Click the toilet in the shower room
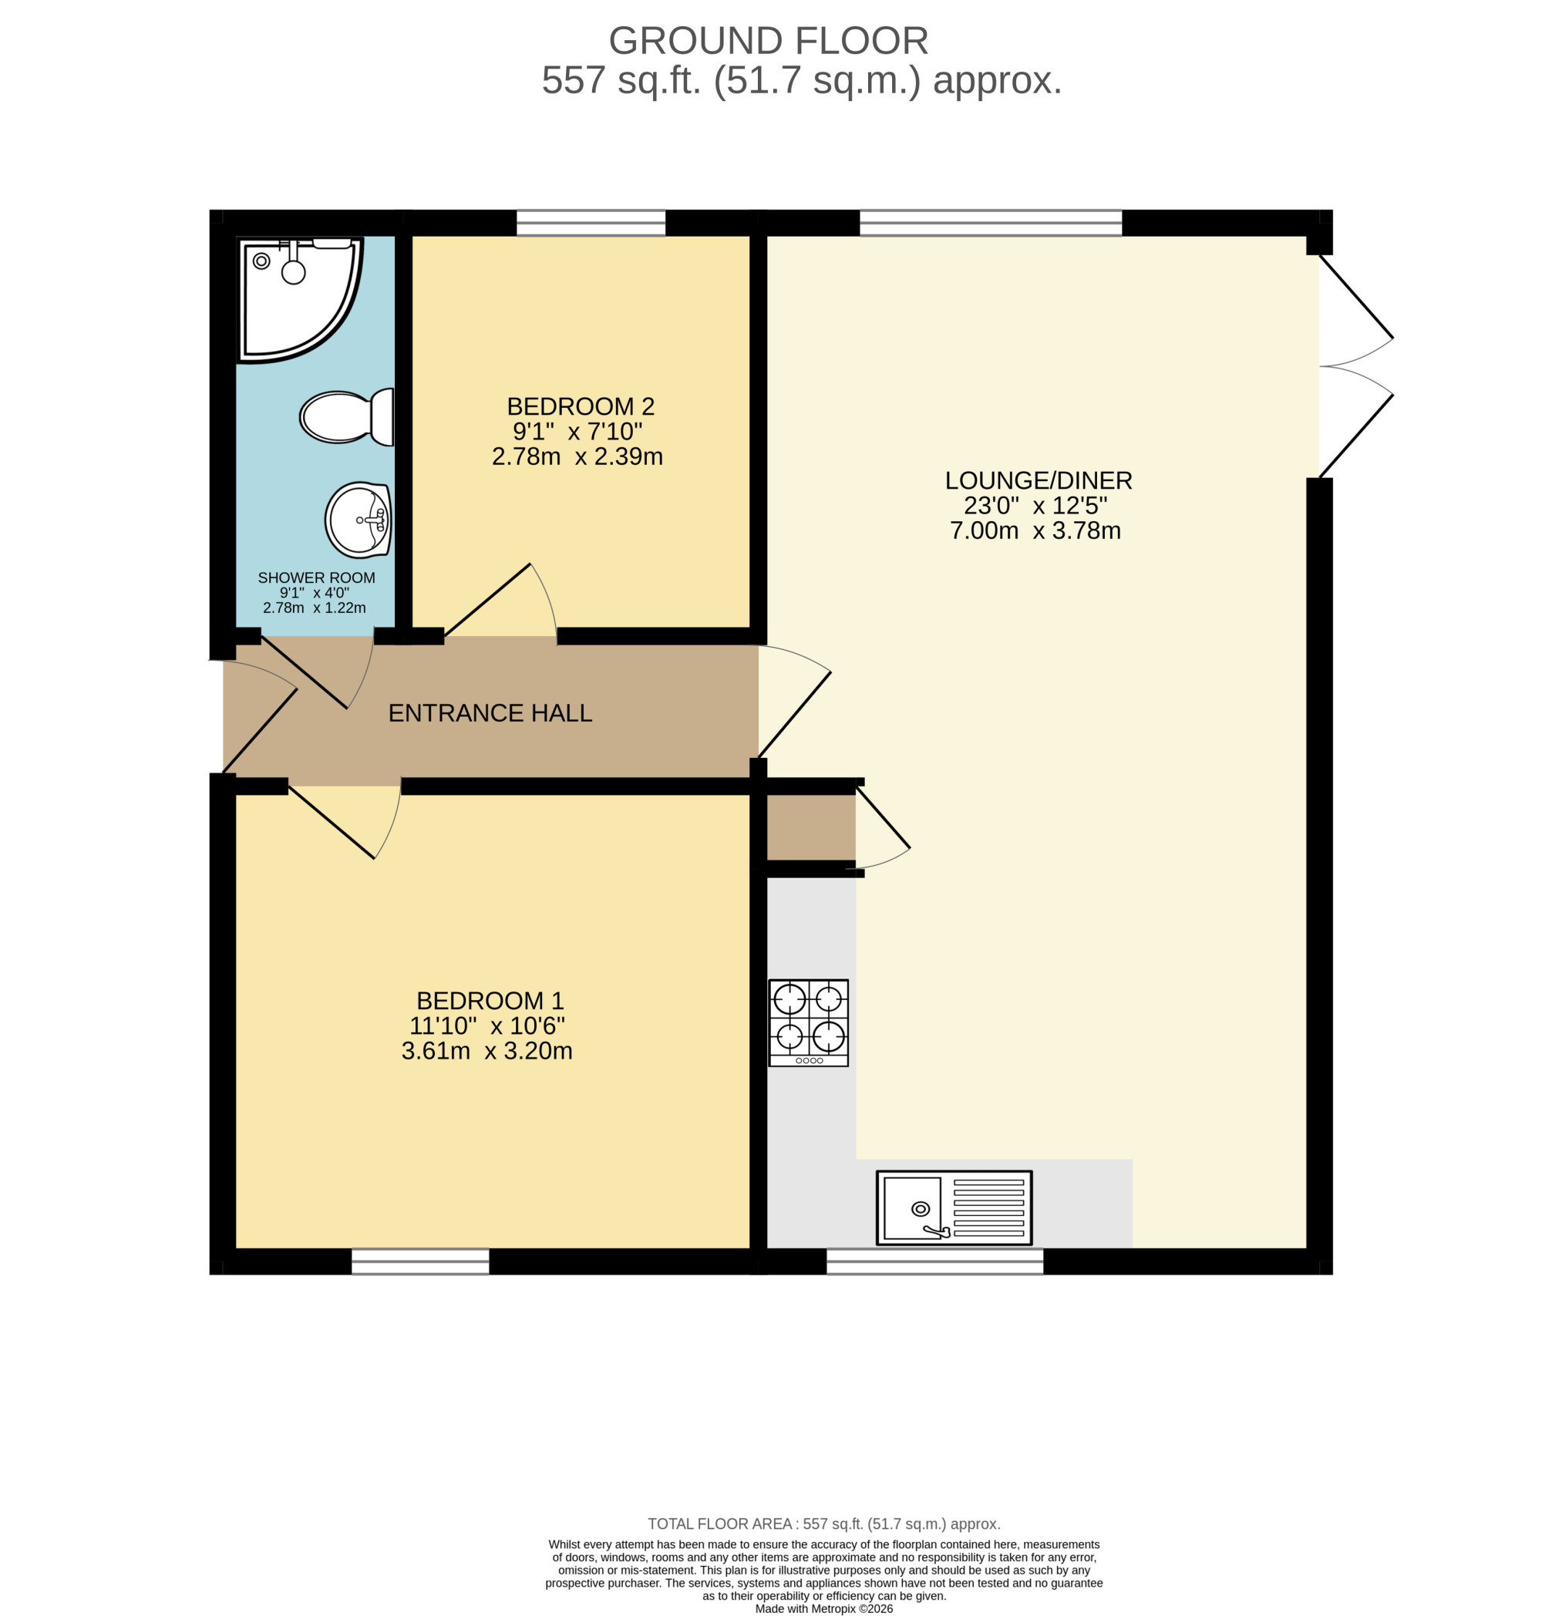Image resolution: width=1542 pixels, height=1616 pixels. (x=346, y=417)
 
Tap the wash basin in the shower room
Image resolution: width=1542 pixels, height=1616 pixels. (x=358, y=520)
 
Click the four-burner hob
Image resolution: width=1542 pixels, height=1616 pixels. (x=808, y=1022)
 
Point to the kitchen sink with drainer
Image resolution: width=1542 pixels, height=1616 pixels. (x=954, y=1207)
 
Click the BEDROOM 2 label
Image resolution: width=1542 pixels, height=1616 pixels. (x=581, y=406)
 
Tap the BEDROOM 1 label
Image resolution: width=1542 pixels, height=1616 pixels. (x=490, y=1000)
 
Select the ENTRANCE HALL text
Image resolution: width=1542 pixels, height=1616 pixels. (x=490, y=712)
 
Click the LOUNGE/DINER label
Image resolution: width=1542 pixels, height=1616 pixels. (x=1038, y=480)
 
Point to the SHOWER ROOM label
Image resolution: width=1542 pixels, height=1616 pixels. (x=316, y=577)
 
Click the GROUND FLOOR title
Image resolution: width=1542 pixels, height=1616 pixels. (x=769, y=40)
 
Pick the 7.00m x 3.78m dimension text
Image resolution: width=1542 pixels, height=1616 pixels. (x=1035, y=530)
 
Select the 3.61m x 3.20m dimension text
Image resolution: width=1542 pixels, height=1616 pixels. (x=487, y=1051)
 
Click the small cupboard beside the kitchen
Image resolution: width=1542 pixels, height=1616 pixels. (x=811, y=827)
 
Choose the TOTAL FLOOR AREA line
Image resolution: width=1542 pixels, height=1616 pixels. (x=823, y=1524)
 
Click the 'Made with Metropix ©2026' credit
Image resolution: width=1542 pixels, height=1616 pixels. (x=823, y=1608)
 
